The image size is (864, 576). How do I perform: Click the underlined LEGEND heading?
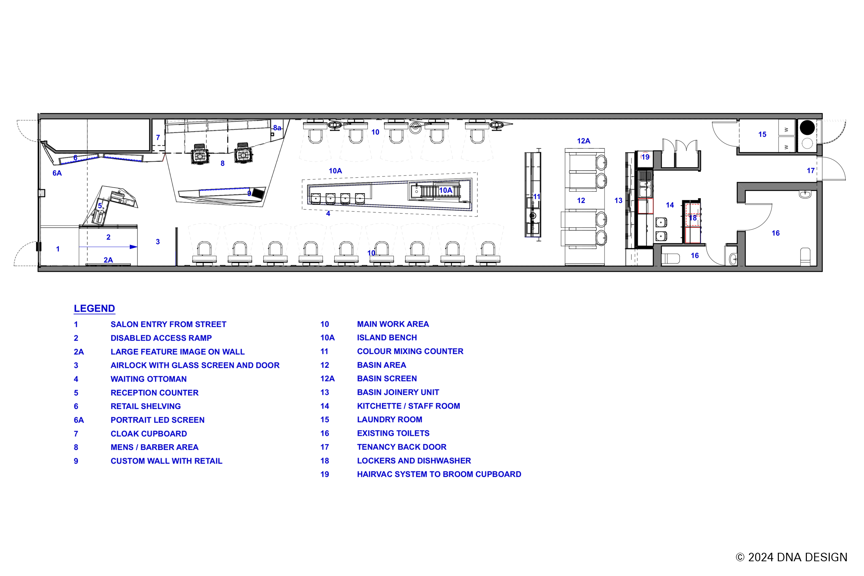click(x=94, y=308)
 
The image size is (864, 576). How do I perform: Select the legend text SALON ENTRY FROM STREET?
click(x=168, y=324)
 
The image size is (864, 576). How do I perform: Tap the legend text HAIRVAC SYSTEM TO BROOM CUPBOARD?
click(x=439, y=474)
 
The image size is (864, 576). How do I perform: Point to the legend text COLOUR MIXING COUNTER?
click(x=410, y=351)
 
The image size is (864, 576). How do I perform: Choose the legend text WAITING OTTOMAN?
click(x=149, y=379)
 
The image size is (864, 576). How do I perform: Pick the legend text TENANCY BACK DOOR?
click(x=401, y=447)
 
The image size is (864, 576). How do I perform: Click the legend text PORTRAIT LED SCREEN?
click(x=157, y=420)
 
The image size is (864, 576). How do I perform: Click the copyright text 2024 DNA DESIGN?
click(x=798, y=557)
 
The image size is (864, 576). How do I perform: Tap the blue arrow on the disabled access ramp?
click(x=108, y=247)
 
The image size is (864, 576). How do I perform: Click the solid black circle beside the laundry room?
click(x=807, y=128)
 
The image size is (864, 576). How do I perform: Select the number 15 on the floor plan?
click(x=762, y=135)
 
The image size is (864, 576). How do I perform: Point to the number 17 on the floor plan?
click(x=811, y=171)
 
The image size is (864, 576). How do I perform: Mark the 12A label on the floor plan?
click(x=583, y=141)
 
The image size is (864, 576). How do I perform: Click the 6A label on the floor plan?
click(x=57, y=173)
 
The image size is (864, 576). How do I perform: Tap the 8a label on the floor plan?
click(x=277, y=128)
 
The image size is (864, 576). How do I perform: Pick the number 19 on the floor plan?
click(x=645, y=157)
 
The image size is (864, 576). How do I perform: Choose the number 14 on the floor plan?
click(x=670, y=205)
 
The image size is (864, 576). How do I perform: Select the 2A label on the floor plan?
click(x=108, y=260)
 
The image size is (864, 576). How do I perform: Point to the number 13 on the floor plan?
click(x=618, y=200)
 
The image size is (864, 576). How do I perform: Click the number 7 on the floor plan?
click(x=158, y=137)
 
